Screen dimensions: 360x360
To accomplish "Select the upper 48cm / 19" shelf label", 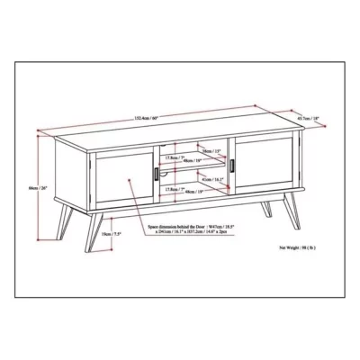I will [x=192, y=163].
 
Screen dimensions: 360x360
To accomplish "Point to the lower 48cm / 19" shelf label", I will [x=192, y=192].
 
